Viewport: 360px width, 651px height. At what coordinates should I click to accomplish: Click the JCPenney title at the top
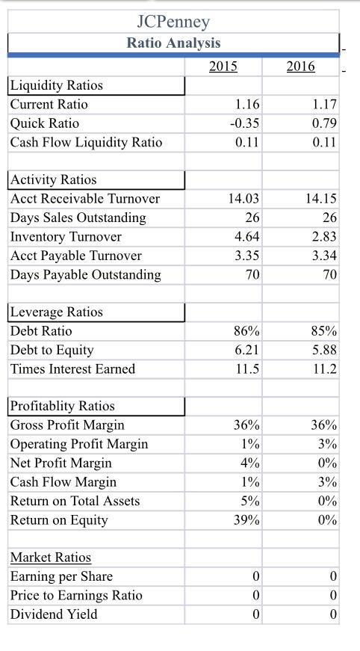click(174, 22)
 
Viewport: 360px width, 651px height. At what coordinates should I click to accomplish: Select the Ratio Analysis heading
click(173, 43)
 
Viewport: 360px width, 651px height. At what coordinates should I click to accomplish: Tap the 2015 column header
click(223, 67)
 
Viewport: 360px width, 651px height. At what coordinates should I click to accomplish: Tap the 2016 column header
click(300, 67)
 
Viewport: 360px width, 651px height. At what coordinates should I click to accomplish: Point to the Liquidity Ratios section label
click(57, 85)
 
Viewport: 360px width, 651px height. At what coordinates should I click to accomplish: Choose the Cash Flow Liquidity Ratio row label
click(86, 142)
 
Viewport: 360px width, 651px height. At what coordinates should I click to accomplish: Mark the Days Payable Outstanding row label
click(85, 274)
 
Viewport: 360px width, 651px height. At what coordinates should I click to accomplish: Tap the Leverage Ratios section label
click(57, 312)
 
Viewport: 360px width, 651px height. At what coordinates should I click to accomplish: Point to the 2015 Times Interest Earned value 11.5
click(247, 368)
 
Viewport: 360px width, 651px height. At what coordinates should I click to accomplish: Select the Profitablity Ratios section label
click(63, 406)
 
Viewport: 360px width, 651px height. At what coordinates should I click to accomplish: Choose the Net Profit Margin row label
click(61, 463)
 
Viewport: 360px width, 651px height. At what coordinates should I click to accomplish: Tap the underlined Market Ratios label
click(51, 558)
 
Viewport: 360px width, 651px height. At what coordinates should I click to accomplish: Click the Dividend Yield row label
click(54, 614)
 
